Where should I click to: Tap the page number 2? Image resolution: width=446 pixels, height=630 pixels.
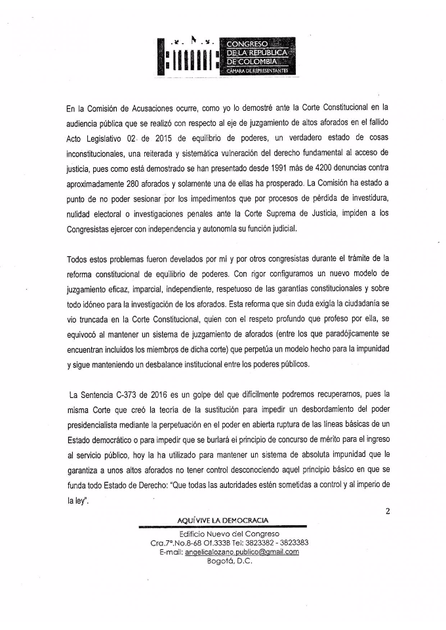click(388, 512)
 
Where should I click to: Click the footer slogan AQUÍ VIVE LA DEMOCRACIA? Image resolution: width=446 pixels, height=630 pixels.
click(223, 521)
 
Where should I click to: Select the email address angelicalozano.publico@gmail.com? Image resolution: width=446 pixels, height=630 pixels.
click(242, 552)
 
